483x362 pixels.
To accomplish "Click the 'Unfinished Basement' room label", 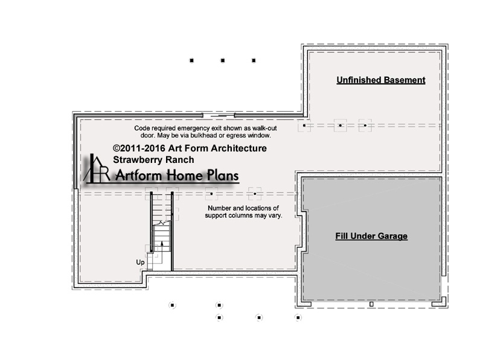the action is point(381,80).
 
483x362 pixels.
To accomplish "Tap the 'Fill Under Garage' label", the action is point(371,236).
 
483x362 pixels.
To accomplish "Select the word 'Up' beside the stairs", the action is point(140,262).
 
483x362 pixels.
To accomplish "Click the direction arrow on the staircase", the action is point(162,246).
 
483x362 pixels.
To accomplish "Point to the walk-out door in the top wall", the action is point(219,116).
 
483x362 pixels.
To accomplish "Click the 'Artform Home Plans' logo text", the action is point(177,176).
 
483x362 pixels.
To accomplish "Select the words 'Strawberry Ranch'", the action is point(153,160).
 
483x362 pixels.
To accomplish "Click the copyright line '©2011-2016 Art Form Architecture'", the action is point(190,148).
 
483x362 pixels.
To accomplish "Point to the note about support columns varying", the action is point(243,212).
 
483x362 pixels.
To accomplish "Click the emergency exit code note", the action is point(205,132).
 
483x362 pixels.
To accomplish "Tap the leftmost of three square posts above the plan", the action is point(191,60).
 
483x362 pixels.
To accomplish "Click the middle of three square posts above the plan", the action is point(223,60).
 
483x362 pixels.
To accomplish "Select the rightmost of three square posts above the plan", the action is point(254,60).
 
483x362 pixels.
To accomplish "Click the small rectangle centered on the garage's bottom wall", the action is point(371,304).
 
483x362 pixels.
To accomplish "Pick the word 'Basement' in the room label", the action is point(404,80).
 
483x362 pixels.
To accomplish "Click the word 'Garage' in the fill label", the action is point(392,236).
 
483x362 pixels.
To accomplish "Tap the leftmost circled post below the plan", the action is point(173,305).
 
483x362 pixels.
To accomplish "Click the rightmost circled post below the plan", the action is point(298,317).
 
